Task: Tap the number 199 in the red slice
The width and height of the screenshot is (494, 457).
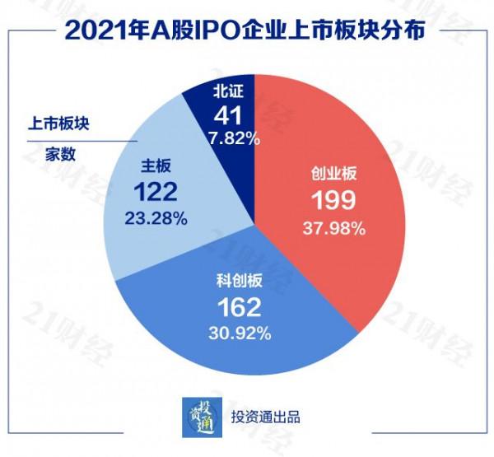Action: click(332, 201)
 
